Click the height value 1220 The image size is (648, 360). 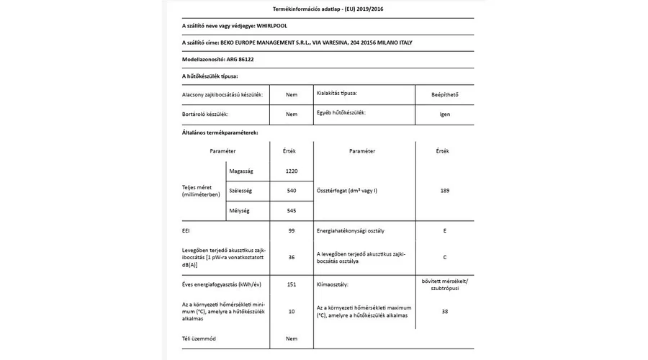point(292,171)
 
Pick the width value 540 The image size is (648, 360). point(292,191)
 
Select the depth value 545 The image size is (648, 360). point(292,211)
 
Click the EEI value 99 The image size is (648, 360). point(292,232)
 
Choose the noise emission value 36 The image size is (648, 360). point(292,256)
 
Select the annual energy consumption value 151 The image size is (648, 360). point(292,284)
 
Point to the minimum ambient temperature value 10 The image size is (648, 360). point(292,312)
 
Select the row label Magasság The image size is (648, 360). point(240,171)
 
